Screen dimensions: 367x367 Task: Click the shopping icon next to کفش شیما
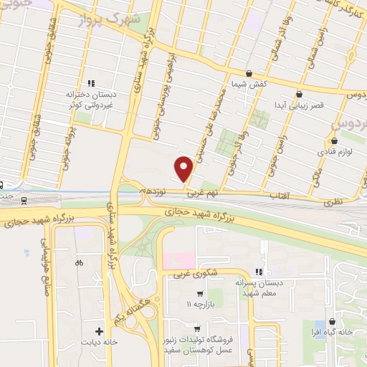tap(249, 73)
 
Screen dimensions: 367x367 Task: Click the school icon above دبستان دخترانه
tap(90, 83)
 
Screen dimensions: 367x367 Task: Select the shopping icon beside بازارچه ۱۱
tap(200, 293)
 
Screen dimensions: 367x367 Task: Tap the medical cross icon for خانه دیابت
tap(99, 331)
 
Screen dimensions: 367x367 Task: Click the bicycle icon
tap(78, 262)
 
